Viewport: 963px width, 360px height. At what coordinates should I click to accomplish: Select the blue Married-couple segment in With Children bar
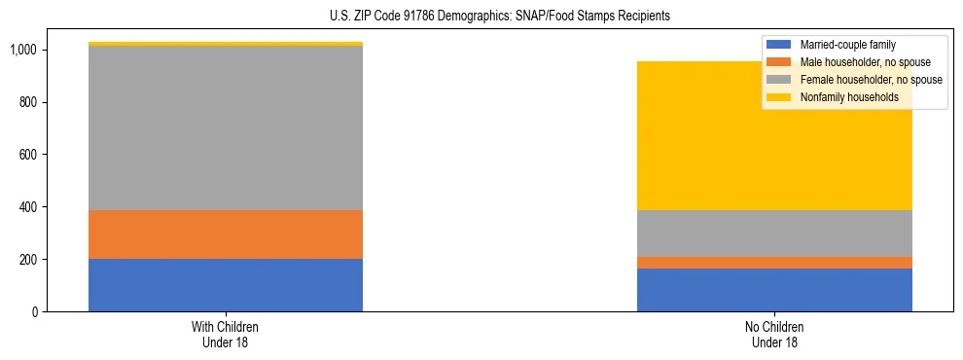[x=226, y=285]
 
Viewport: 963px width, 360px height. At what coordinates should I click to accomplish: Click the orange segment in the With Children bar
[x=226, y=234]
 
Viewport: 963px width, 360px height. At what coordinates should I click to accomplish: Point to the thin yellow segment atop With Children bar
[x=226, y=44]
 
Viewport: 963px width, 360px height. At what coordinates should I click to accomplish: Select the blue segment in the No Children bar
[x=774, y=290]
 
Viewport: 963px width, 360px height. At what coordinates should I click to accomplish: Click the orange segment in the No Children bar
[x=774, y=263]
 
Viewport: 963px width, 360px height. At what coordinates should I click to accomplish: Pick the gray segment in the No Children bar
[x=774, y=234]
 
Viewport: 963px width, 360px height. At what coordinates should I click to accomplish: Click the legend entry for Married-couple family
[x=847, y=45]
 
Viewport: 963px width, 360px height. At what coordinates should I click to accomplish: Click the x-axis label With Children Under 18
[x=226, y=335]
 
